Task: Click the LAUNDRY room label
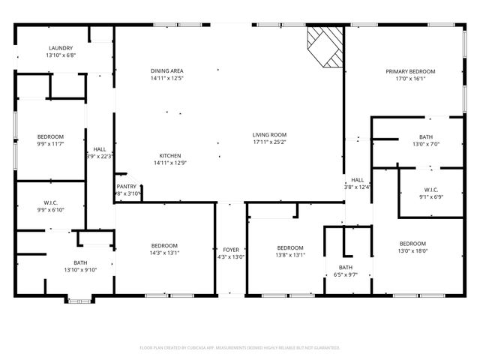click(x=61, y=47)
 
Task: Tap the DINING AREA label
click(x=167, y=70)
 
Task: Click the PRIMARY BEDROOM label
click(x=410, y=71)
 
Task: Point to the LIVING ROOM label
click(x=269, y=135)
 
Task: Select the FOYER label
click(x=230, y=250)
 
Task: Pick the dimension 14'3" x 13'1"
click(x=164, y=253)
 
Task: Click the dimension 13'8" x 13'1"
click(x=289, y=254)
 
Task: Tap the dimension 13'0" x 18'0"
click(x=412, y=250)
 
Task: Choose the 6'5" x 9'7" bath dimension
click(x=346, y=274)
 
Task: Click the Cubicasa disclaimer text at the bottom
click(x=240, y=347)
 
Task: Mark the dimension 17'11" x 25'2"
click(x=269, y=142)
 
